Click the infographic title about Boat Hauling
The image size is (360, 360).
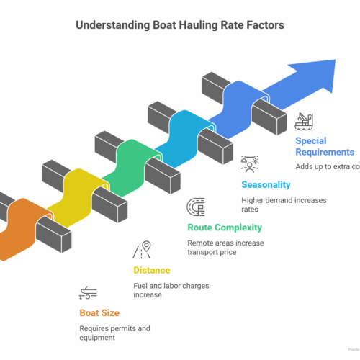180,24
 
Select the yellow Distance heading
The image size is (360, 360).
151,270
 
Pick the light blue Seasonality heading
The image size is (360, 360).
266,184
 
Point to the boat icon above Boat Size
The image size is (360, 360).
89,293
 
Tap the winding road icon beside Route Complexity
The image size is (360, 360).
195,207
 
